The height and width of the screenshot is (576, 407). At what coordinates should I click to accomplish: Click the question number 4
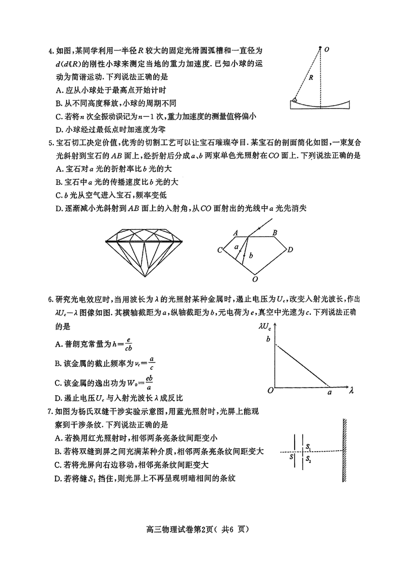pyautogui.click(x=50, y=51)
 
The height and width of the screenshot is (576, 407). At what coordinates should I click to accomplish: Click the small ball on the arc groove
pyautogui.click(x=295, y=101)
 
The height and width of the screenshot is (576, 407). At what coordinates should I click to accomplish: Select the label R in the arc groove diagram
pyautogui.click(x=310, y=78)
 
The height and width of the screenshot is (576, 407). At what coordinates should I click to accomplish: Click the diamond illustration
pyautogui.click(x=146, y=251)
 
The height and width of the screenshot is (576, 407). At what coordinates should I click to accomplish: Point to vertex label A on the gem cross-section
pyautogui.click(x=236, y=232)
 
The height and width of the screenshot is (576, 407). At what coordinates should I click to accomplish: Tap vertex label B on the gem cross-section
pyautogui.click(x=275, y=233)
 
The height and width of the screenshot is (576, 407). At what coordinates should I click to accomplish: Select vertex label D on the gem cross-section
pyautogui.click(x=290, y=250)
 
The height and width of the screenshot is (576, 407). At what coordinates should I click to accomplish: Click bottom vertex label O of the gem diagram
pyautogui.click(x=255, y=279)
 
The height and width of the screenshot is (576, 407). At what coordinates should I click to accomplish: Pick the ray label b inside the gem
pyautogui.click(x=251, y=254)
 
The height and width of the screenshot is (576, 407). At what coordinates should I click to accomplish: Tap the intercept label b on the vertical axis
pyautogui.click(x=264, y=340)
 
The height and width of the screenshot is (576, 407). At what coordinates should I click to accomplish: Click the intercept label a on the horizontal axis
pyautogui.click(x=329, y=392)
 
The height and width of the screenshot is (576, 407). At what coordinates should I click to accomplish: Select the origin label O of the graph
pyautogui.click(x=271, y=391)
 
